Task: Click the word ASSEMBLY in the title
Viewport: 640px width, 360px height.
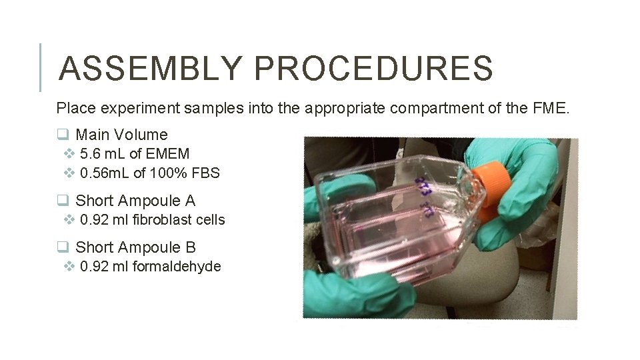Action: pos(150,68)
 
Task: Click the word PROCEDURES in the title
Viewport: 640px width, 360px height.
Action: pos(373,68)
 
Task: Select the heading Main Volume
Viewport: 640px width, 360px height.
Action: pos(121,135)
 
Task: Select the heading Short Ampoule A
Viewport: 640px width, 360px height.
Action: pos(135,200)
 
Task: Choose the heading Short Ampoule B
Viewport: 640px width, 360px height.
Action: pos(135,247)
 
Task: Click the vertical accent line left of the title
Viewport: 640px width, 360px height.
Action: pos(41,67)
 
